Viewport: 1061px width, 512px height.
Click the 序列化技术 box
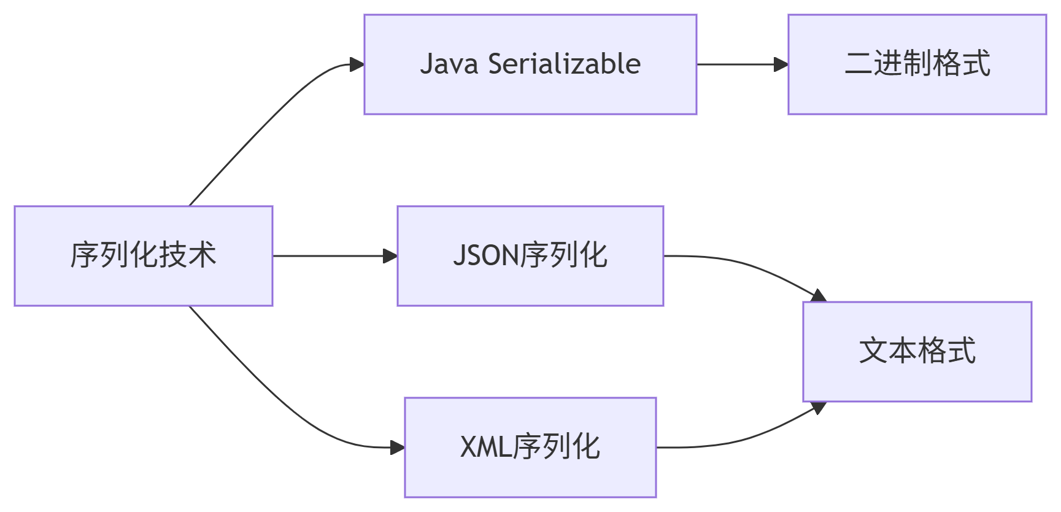143,255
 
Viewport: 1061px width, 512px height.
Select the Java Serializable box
530,64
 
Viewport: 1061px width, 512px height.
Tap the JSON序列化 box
530,255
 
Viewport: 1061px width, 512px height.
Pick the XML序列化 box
530,447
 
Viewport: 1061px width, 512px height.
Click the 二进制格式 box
917,64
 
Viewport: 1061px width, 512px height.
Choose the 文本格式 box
917,351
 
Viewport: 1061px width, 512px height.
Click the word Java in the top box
449,64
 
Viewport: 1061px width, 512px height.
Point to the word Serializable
564,64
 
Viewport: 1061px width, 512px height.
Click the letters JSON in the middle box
486,255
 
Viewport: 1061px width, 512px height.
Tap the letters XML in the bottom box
485,447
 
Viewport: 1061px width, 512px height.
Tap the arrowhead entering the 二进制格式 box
781,64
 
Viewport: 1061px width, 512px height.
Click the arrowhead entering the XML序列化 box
398,448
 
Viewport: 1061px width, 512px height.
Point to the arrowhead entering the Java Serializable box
357,64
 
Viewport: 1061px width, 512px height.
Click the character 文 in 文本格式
873,351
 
